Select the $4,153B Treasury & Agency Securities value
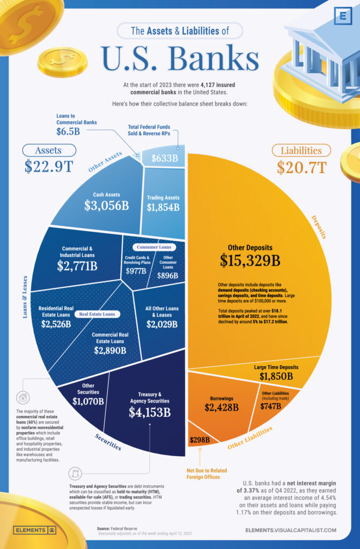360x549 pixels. (x=150, y=412)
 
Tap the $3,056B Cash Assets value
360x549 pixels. (x=105, y=206)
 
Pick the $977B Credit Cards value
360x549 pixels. (x=135, y=271)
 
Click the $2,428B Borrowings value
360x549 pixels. (x=222, y=407)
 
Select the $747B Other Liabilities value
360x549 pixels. (x=270, y=406)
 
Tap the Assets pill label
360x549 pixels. (x=49, y=151)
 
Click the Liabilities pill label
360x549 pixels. (x=301, y=151)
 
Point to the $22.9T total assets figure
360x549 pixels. (x=49, y=167)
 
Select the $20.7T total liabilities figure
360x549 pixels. (x=301, y=167)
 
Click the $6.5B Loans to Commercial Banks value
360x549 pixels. (x=69, y=131)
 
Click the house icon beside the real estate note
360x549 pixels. (x=23, y=397)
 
